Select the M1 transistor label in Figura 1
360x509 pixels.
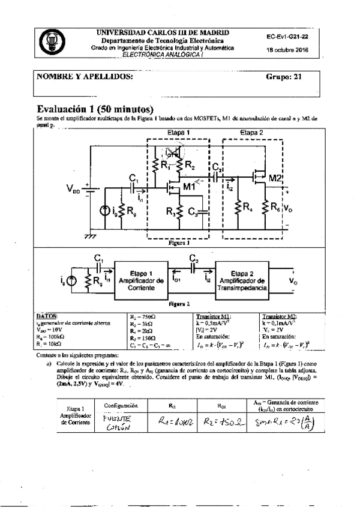[191, 187]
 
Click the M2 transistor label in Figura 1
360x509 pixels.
[275, 178]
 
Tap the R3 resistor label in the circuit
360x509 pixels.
[172, 211]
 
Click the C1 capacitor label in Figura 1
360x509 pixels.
[133, 177]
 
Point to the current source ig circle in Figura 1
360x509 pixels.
[106, 211]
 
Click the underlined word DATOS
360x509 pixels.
[47, 315]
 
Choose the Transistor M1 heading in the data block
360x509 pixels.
[215, 315]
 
